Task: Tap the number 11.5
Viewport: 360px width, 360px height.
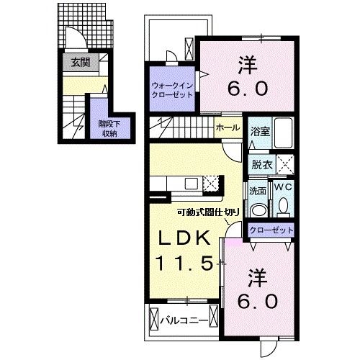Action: coord(184,264)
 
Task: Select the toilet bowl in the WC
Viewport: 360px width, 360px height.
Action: coord(283,207)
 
